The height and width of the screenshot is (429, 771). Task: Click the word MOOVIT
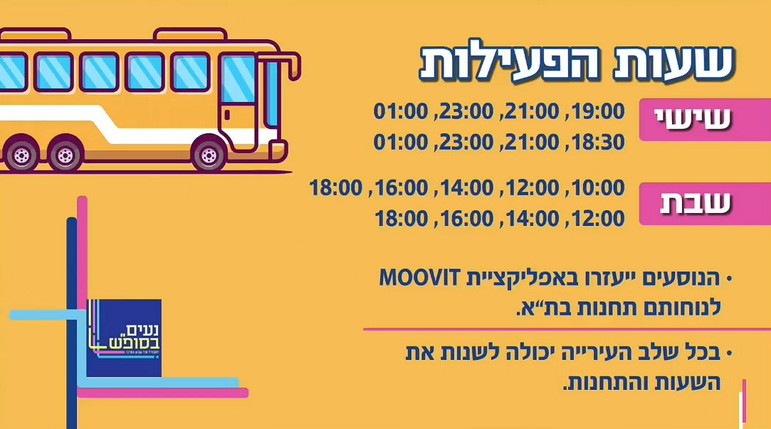[x=417, y=278]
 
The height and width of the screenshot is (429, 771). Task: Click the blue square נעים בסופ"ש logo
[x=124, y=337]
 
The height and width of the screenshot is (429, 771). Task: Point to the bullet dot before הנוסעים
[x=729, y=277]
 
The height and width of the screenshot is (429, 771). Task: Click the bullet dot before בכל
[x=729, y=353]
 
